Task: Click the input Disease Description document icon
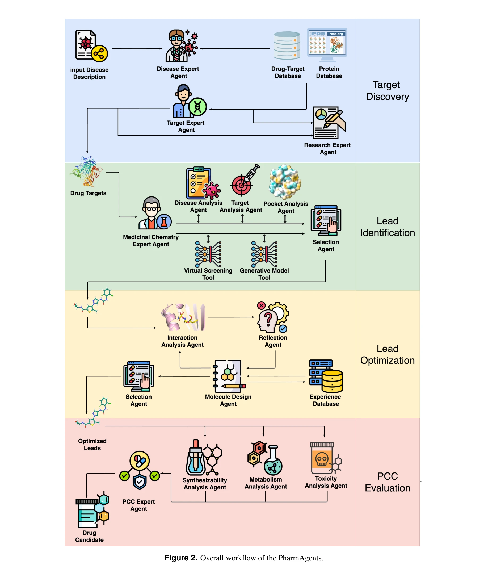click(x=90, y=45)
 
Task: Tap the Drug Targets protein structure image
click(x=87, y=172)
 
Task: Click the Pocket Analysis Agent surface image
click(x=285, y=182)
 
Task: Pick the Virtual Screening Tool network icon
click(x=208, y=254)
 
